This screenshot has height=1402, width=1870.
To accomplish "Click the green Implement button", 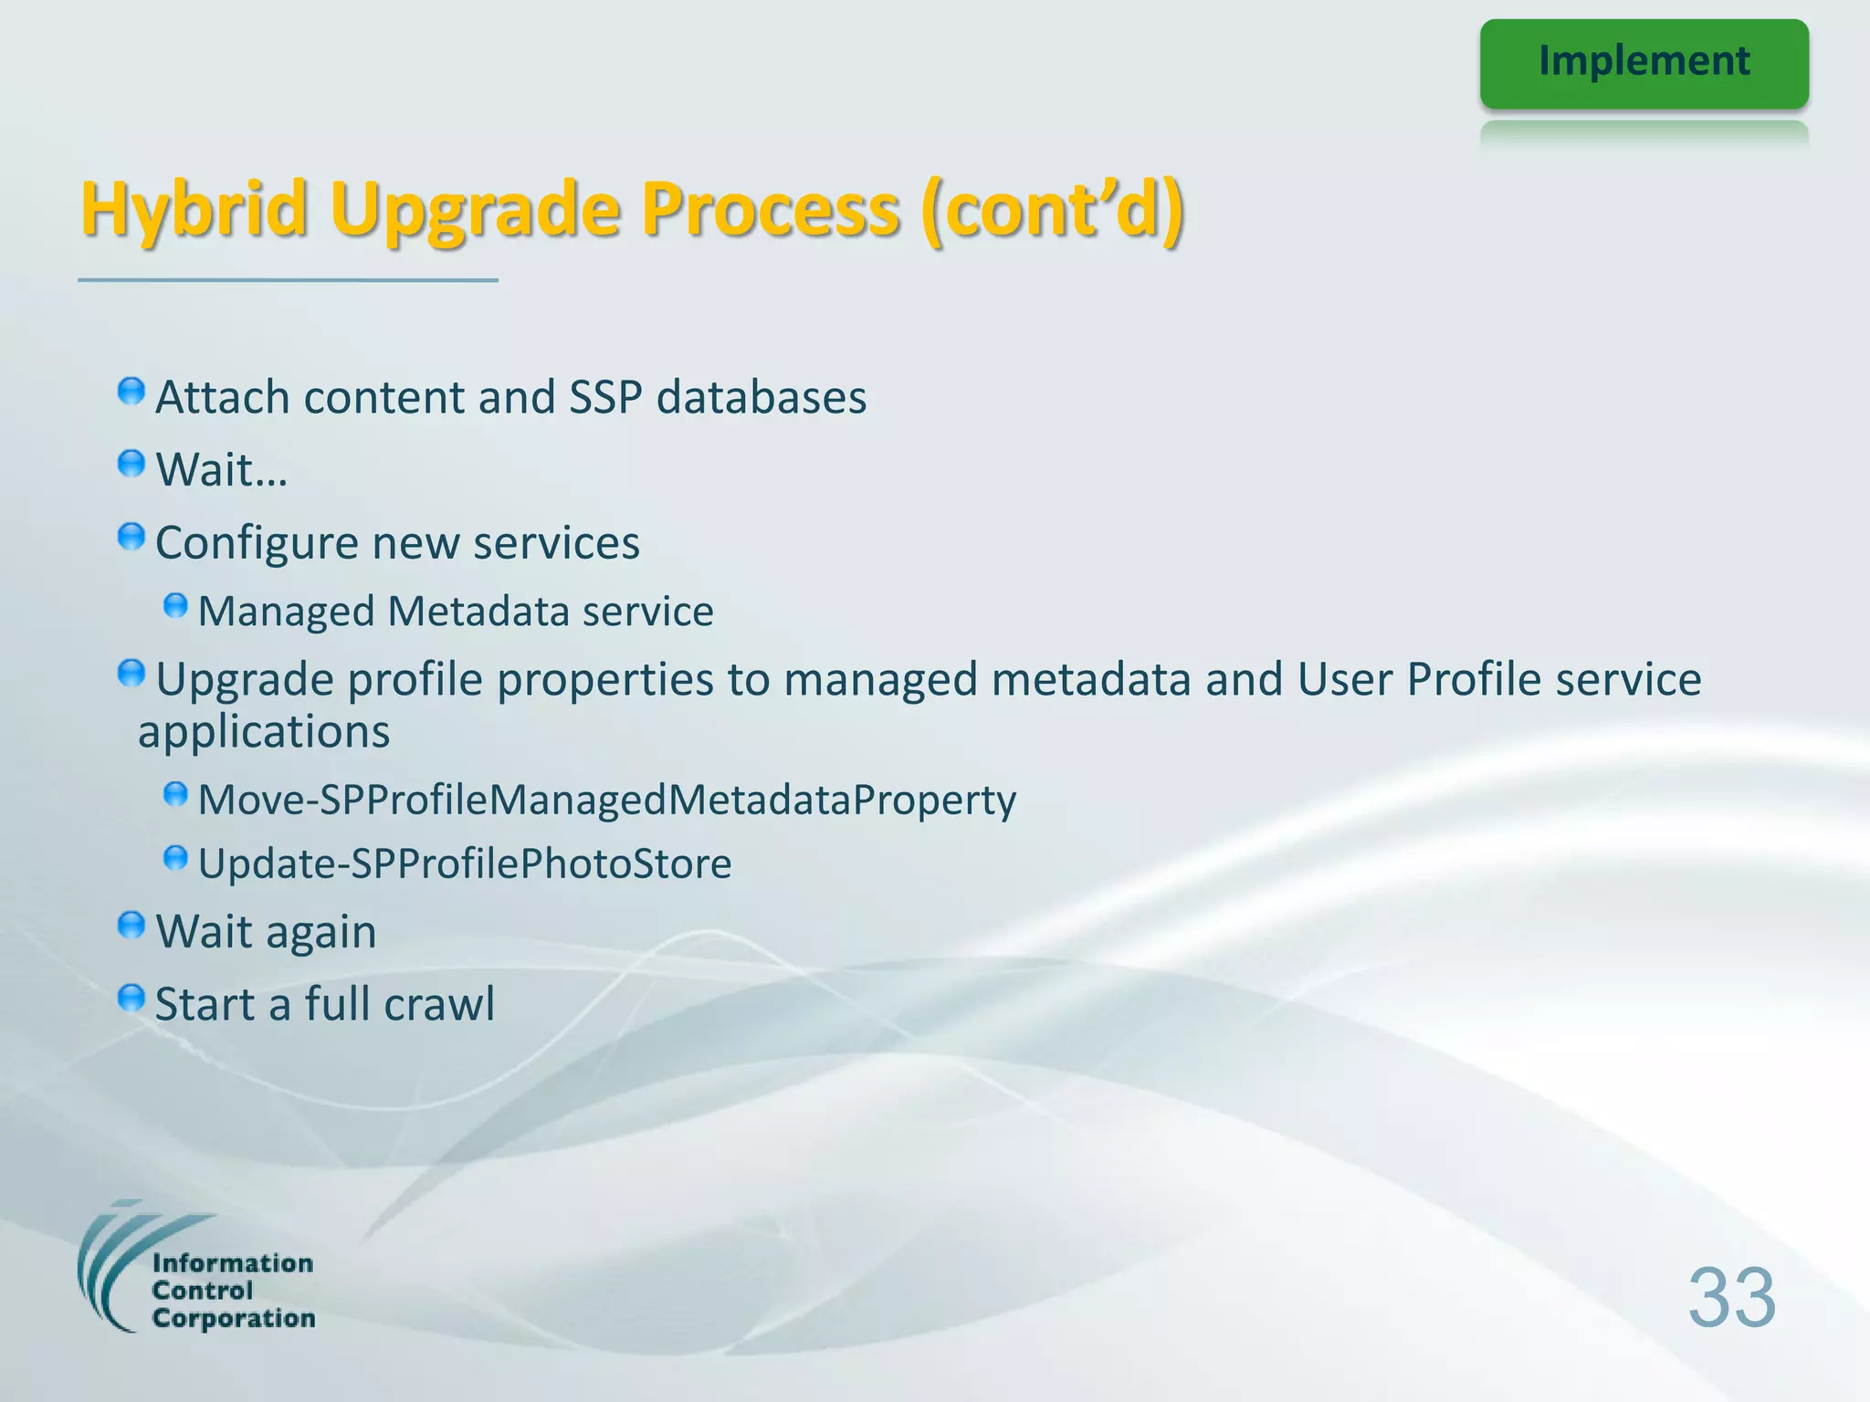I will tap(1644, 63).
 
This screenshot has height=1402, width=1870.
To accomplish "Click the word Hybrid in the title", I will tap(194, 209).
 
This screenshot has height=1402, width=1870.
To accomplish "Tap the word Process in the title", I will tap(770, 209).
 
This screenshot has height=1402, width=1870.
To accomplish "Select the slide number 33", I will tap(1731, 1297).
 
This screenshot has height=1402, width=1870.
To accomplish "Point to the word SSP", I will tap(604, 398).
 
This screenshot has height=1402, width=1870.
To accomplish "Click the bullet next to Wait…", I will tap(131, 464).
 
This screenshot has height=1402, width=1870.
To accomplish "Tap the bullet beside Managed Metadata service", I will tap(175, 606).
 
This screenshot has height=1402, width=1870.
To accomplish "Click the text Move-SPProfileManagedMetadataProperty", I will tap(606, 800).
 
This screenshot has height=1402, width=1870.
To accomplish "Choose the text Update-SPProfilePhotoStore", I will tap(464, 863).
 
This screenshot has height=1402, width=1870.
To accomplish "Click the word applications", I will tap(264, 732).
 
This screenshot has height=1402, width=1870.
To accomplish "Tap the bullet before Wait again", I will tap(131, 926).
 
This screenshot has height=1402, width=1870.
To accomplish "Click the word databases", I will tap(761, 398).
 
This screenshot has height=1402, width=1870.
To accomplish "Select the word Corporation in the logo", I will tap(234, 1318).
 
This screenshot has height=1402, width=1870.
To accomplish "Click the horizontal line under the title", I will tap(288, 280).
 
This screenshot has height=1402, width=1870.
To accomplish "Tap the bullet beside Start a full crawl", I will tap(131, 998).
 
